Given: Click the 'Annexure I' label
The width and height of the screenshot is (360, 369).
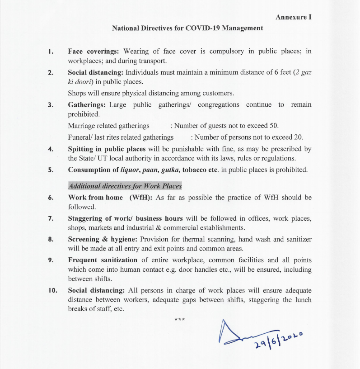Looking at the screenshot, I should tap(294, 17).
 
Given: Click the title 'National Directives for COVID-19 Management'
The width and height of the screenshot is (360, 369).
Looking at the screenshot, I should tap(187, 28).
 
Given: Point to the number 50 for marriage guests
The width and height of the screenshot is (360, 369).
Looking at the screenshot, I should tap(274, 125).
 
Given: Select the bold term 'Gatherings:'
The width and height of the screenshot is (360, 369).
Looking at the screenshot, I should tap(87, 104).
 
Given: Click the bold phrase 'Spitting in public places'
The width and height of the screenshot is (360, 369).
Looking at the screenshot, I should tap(107, 149).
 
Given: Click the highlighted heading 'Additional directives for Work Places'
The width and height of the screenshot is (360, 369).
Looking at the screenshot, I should tap(125, 186).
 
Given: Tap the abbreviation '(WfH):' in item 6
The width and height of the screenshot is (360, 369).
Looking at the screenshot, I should tap(140, 198).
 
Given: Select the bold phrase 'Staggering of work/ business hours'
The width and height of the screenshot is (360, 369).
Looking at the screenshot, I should tap(125, 218).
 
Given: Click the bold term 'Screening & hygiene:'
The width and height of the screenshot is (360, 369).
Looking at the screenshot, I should tap(103, 239).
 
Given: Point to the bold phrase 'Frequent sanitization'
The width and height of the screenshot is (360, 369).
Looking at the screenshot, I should tap(103, 260).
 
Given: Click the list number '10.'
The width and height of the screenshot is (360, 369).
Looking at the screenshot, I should tap(53, 290).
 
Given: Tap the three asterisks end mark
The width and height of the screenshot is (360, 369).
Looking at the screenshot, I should tap(180, 320).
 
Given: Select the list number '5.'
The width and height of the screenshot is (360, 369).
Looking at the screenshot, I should tap(51, 170).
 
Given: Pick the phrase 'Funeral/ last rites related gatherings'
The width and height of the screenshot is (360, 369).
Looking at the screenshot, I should tap(121, 137).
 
